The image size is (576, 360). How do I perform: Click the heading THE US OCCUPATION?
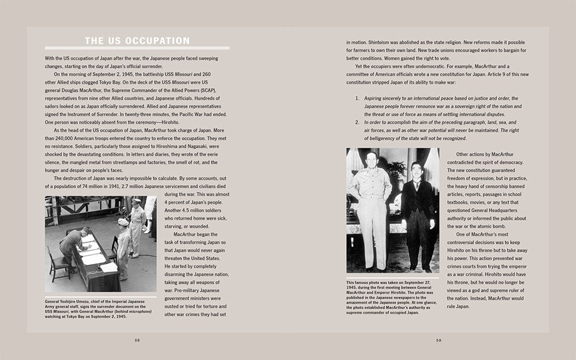tap(137, 41)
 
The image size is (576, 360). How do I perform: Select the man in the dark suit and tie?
tap(418, 213)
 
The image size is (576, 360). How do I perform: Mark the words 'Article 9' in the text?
tap(488, 74)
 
